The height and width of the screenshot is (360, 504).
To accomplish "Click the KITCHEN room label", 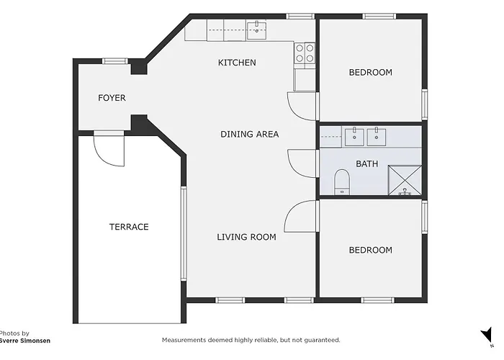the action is point(237,63).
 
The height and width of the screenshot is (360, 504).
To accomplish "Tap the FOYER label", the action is point(112,98).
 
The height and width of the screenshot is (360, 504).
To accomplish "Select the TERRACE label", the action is point(129,227).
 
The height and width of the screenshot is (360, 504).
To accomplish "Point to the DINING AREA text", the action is point(249,134).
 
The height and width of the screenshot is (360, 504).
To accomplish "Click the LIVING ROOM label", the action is point(246,237).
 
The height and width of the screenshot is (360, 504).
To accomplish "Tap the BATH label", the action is point(366,164).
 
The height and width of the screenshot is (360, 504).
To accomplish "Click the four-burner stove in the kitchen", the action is point(305,53).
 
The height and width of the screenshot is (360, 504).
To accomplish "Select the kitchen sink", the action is point(256,30).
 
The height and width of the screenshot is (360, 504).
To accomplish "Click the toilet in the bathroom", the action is point(342,182).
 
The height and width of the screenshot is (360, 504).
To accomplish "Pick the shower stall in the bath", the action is point(405,180).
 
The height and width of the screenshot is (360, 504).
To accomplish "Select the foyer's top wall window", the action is point(115,61).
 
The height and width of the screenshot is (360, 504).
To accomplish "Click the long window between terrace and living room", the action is point(184,234).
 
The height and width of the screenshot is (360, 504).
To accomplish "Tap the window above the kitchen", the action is point(300,17).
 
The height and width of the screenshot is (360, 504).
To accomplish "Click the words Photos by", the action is point(14,333).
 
